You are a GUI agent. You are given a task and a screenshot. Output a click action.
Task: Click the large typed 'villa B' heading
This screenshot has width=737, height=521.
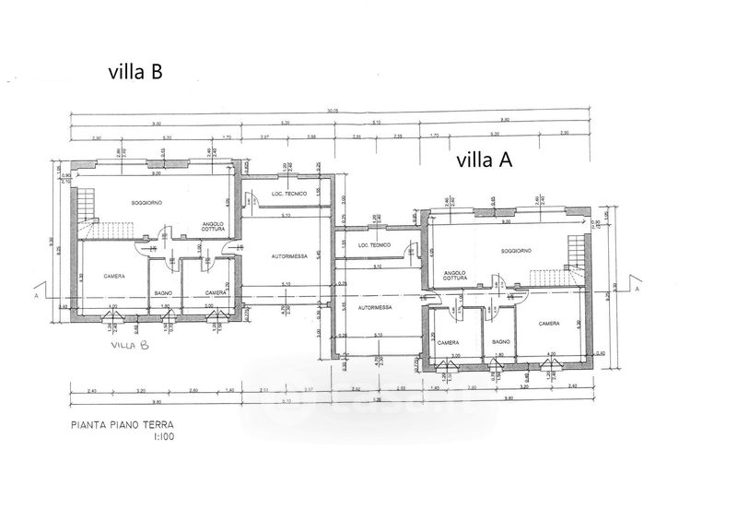[135, 71]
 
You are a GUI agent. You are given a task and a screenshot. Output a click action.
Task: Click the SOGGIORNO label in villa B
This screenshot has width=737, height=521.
[146, 202]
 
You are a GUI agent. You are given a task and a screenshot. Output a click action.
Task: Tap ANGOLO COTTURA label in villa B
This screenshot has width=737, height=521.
[214, 227]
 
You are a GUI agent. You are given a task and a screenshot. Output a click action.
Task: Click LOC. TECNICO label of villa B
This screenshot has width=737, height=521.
[288, 194]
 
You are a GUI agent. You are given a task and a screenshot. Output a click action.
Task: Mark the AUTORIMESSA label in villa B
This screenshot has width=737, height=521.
[287, 255]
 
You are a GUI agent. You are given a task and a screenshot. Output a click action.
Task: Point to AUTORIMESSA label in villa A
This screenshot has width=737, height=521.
[375, 306]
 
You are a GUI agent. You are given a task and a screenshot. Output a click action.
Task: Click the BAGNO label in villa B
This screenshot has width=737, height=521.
[163, 293]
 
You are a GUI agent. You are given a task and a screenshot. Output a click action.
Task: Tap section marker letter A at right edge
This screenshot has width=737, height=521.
[636, 289]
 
